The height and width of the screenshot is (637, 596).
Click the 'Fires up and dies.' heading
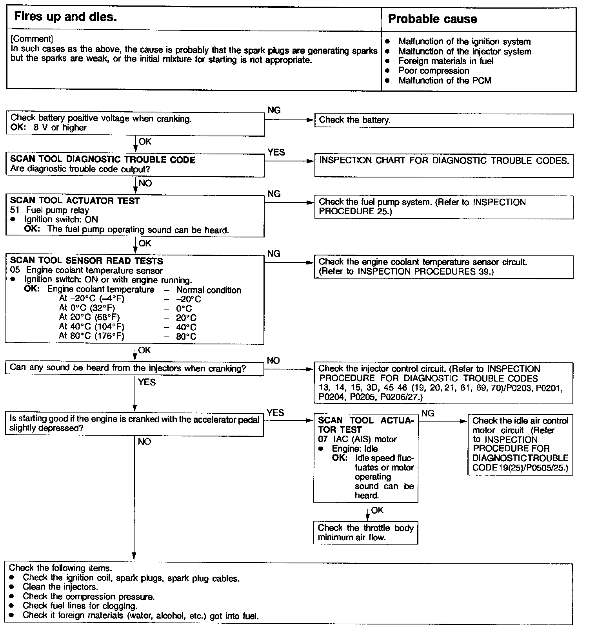click(65, 17)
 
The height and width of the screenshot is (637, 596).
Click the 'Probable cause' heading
click(432, 19)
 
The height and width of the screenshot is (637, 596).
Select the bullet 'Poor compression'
click(433, 71)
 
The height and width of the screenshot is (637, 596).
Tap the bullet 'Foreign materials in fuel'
click(445, 61)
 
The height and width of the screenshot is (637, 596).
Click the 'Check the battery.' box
click(444, 121)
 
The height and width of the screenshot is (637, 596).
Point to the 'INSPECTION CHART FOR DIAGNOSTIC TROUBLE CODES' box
click(444, 165)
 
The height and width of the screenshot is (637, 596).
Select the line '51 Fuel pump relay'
click(50, 210)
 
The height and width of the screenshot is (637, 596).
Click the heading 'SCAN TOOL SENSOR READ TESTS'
click(86, 261)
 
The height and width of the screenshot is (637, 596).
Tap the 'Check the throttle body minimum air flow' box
click(365, 533)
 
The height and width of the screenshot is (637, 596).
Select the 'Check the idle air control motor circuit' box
click(520, 445)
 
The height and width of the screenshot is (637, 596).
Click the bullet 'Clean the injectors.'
click(60, 587)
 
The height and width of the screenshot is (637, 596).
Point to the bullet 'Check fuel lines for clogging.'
click(80, 606)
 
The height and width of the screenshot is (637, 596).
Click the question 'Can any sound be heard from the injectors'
click(128, 368)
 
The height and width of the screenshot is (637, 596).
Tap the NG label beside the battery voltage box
click(274, 110)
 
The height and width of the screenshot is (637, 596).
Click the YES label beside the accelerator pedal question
click(275, 413)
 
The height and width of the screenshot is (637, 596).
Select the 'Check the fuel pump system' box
click(444, 207)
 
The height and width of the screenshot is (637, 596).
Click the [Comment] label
click(32, 39)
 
